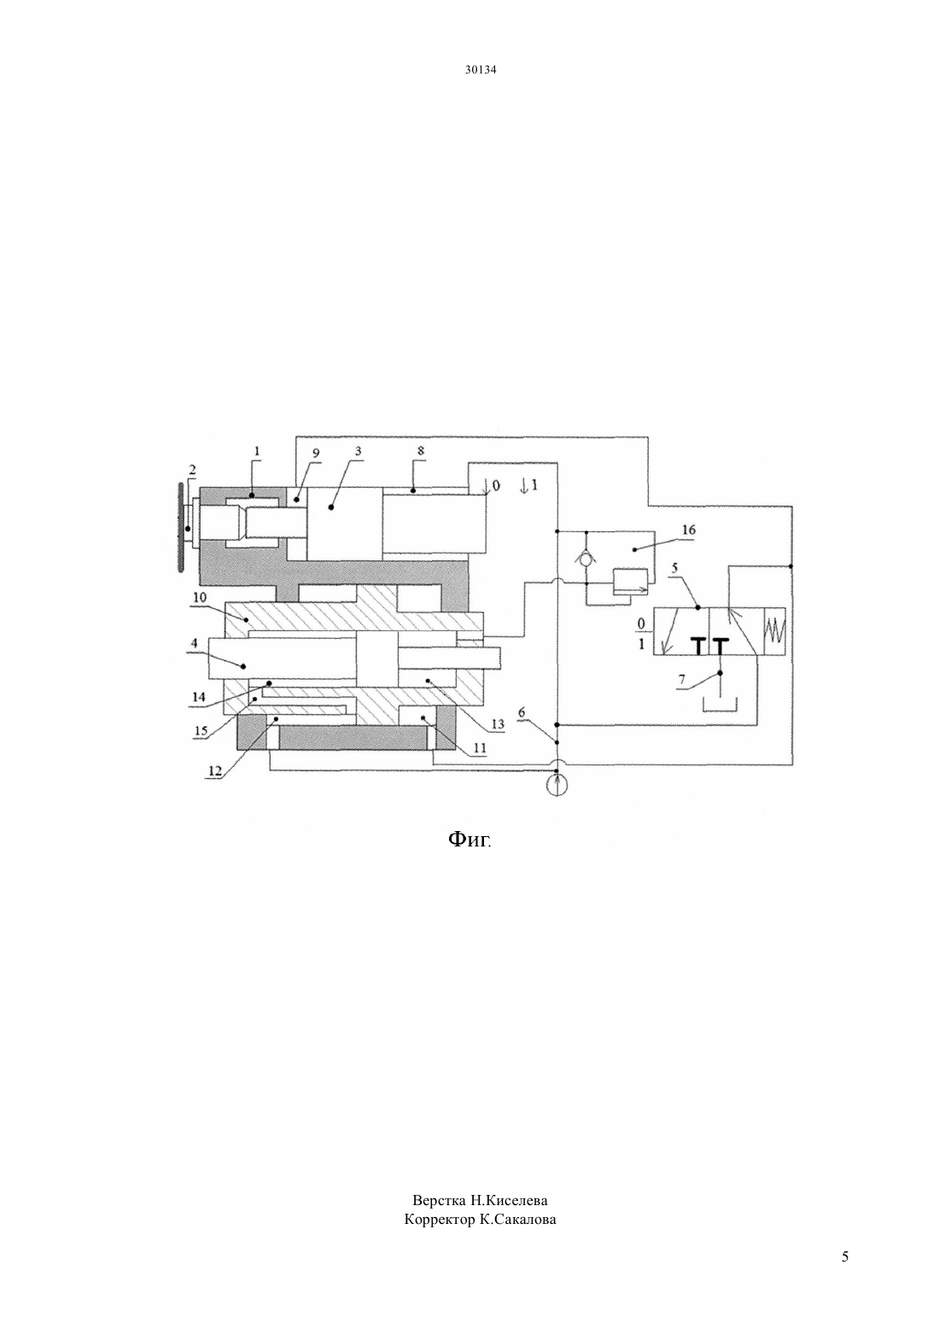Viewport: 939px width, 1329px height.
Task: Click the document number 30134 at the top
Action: [480, 69]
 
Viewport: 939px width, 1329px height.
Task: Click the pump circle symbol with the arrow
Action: [557, 785]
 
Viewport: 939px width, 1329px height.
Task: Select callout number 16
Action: [688, 530]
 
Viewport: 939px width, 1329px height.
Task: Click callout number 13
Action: [497, 723]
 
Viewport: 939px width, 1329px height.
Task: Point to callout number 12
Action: [214, 770]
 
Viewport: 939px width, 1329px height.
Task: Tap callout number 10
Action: [200, 597]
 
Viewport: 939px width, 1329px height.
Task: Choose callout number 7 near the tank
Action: [682, 679]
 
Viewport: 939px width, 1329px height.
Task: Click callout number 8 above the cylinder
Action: [420, 451]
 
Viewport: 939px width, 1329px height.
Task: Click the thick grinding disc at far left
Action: [179, 527]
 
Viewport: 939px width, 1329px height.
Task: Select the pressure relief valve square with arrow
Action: [630, 582]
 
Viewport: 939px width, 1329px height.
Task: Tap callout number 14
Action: [198, 697]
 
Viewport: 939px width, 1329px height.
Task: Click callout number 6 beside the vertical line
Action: [521, 712]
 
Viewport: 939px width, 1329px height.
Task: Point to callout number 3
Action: [358, 451]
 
